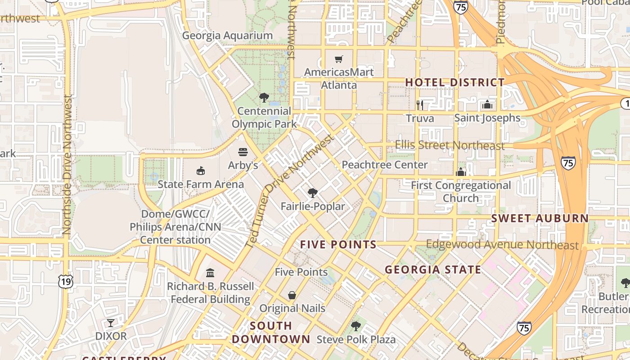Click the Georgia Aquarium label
pos(227,36)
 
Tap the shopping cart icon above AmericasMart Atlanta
pos(339,59)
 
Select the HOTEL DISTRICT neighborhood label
pos(455,82)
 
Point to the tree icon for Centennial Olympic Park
pos(264,97)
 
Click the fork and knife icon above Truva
pos(420,105)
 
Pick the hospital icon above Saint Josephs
pos(487,105)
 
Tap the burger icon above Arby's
pos(243,152)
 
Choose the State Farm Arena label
pos(201,184)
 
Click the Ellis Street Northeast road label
pos(450,145)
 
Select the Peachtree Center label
pos(385,165)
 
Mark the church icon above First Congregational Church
pos(461,172)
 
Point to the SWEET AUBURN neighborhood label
pos(540,219)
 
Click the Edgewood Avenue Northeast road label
pos(502,245)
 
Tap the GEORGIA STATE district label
pos(433,270)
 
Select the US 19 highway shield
pos(66,282)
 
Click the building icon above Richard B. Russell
pos(210,273)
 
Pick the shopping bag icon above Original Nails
pos(292,295)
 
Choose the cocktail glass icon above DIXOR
pos(111,323)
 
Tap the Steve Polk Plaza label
pos(356,339)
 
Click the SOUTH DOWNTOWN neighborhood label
pos(271,332)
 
